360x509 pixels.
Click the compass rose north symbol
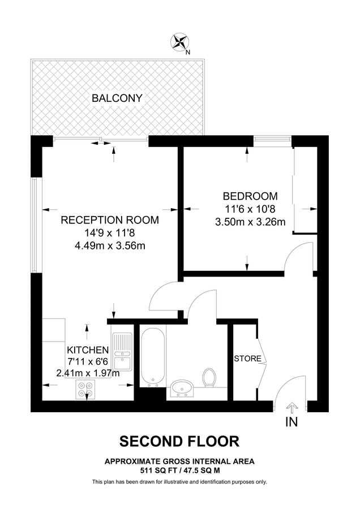pos(181,42)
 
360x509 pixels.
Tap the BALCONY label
pos(117,98)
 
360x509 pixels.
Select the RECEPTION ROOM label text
pos(110,220)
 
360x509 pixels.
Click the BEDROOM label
pos(250,196)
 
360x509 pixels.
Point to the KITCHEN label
pos(87,350)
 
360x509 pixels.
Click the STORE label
pos(247,359)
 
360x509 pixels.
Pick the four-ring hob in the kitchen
pos(87,389)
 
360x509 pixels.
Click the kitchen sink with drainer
pos(122,351)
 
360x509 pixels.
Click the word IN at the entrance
pos(292,422)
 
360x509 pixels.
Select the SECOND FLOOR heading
pos(179,441)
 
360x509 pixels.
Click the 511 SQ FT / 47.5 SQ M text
pos(179,470)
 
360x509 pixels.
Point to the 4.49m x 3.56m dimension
pos(110,245)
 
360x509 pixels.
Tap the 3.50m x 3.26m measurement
pos(250,222)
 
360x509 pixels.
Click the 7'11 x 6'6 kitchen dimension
pos(87,361)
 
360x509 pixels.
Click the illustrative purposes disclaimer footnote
pos(179,482)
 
